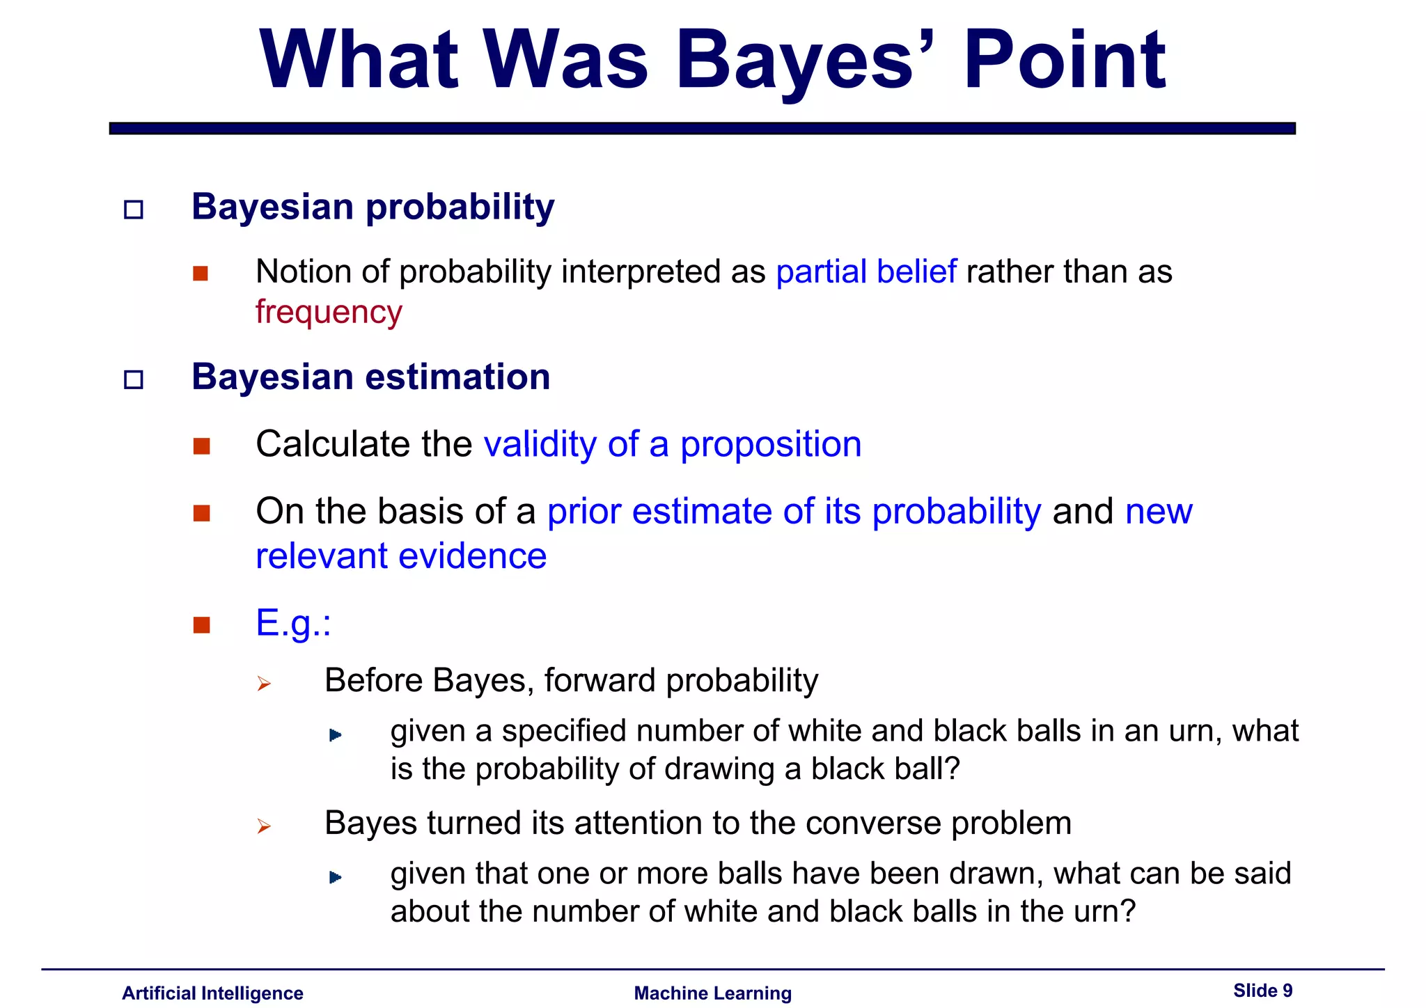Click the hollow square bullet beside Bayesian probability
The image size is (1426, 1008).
click(133, 210)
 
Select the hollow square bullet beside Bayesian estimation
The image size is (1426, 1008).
click(133, 379)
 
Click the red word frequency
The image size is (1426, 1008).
click(329, 313)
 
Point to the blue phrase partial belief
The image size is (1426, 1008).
click(866, 271)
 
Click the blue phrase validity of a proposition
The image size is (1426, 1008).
click(673, 444)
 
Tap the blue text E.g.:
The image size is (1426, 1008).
click(293, 622)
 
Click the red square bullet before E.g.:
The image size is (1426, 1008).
click(202, 624)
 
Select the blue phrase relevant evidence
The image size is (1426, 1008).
click(401, 556)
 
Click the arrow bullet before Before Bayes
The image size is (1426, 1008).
click(263, 684)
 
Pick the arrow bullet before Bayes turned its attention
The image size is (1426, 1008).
click(263, 826)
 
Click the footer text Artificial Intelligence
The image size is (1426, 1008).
click(212, 993)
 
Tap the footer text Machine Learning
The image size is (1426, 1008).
click(712, 993)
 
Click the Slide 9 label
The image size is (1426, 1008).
click(1262, 990)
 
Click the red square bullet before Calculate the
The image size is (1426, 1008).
click(202, 446)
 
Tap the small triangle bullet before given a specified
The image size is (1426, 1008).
click(335, 735)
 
